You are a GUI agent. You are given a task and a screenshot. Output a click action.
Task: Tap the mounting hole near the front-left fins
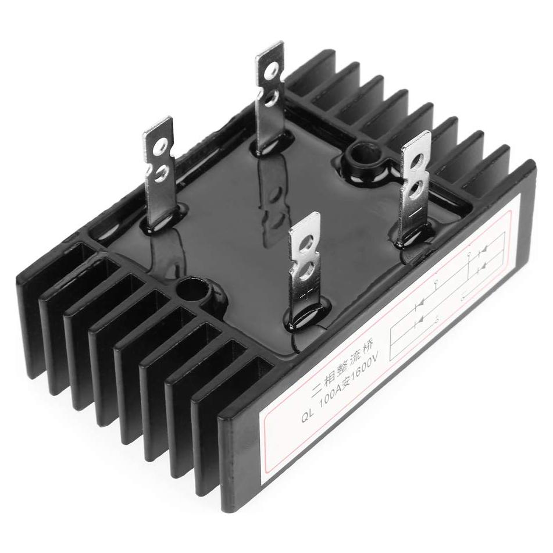tap(192, 289)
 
